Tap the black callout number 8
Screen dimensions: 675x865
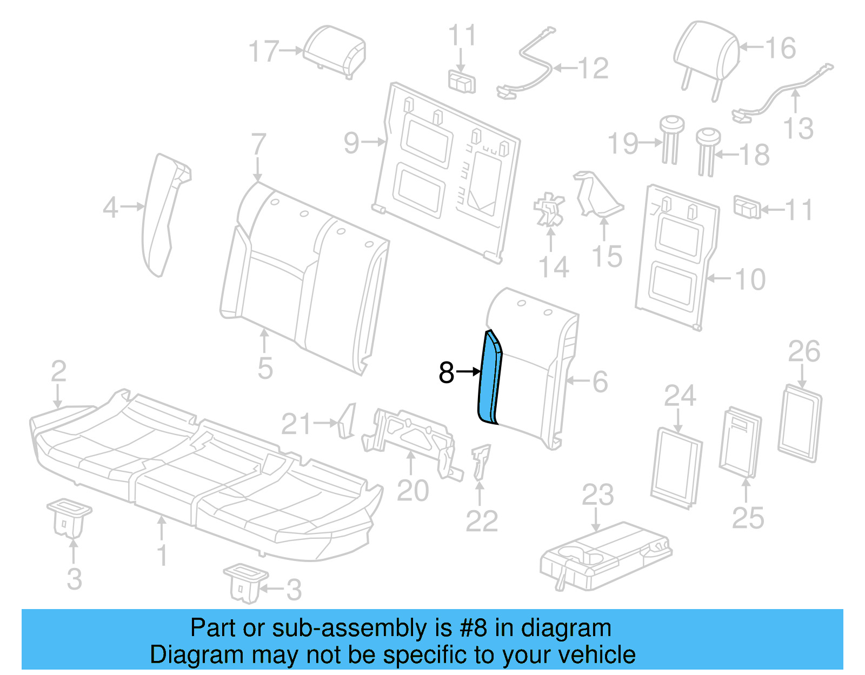[x=447, y=372]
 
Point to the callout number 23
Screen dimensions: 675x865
[x=597, y=495]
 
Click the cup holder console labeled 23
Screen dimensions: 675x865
[x=605, y=557]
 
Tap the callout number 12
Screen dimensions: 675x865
[x=593, y=69]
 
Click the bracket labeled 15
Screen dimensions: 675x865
[x=597, y=195]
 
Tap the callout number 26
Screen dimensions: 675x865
[x=804, y=352]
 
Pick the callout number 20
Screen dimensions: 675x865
[x=412, y=491]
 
